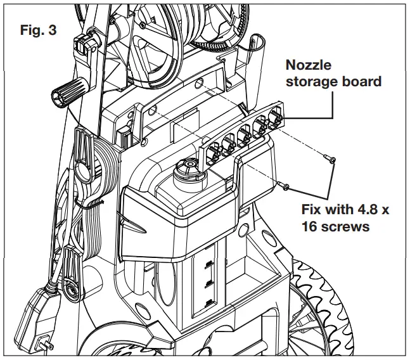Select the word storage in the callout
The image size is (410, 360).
[310, 82]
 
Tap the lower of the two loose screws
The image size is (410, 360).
[283, 185]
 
